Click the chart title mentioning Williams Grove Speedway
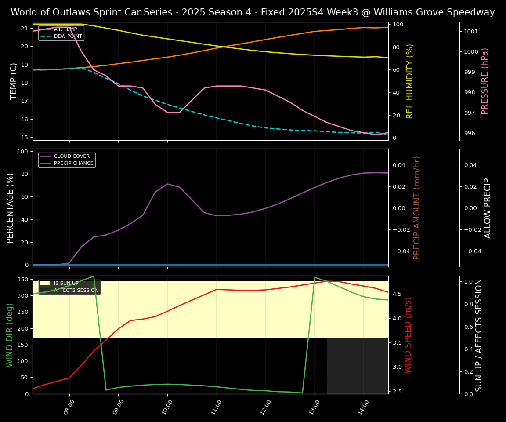point(253,12)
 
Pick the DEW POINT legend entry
point(68,36)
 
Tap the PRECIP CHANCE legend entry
point(73,164)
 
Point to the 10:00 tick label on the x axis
point(167,406)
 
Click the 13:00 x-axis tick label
point(314,406)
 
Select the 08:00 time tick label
point(69,406)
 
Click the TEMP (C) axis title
point(14,81)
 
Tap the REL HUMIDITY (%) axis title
point(410,81)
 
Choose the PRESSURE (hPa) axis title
point(485,81)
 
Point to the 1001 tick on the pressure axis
point(471,32)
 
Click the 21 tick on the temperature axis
point(25,29)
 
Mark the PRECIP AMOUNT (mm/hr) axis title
point(417,207)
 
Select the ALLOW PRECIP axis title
point(488,207)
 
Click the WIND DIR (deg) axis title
point(10,335)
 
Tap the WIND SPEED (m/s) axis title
point(408,335)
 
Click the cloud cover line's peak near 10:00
point(167,184)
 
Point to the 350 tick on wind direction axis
point(23,279)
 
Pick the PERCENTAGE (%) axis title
point(10,207)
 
